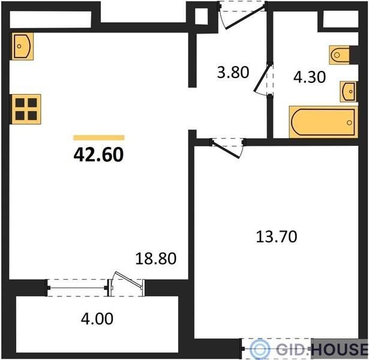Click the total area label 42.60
coord(98,155)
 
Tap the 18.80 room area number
coord(156,258)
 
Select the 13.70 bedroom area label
coord(276,236)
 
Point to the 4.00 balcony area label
coord(97,319)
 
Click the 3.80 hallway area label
coord(233,72)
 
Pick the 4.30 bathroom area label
coord(310,77)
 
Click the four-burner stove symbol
coord(26,109)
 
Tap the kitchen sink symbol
coord(22,46)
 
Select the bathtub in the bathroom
coord(323,122)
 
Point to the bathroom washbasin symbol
coord(348,92)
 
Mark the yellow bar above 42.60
coord(99,137)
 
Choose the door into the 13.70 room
coord(226,149)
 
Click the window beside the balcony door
coord(77,288)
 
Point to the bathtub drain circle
coord(349,122)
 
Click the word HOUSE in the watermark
coord(340,349)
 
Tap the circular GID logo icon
coord(260,349)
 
